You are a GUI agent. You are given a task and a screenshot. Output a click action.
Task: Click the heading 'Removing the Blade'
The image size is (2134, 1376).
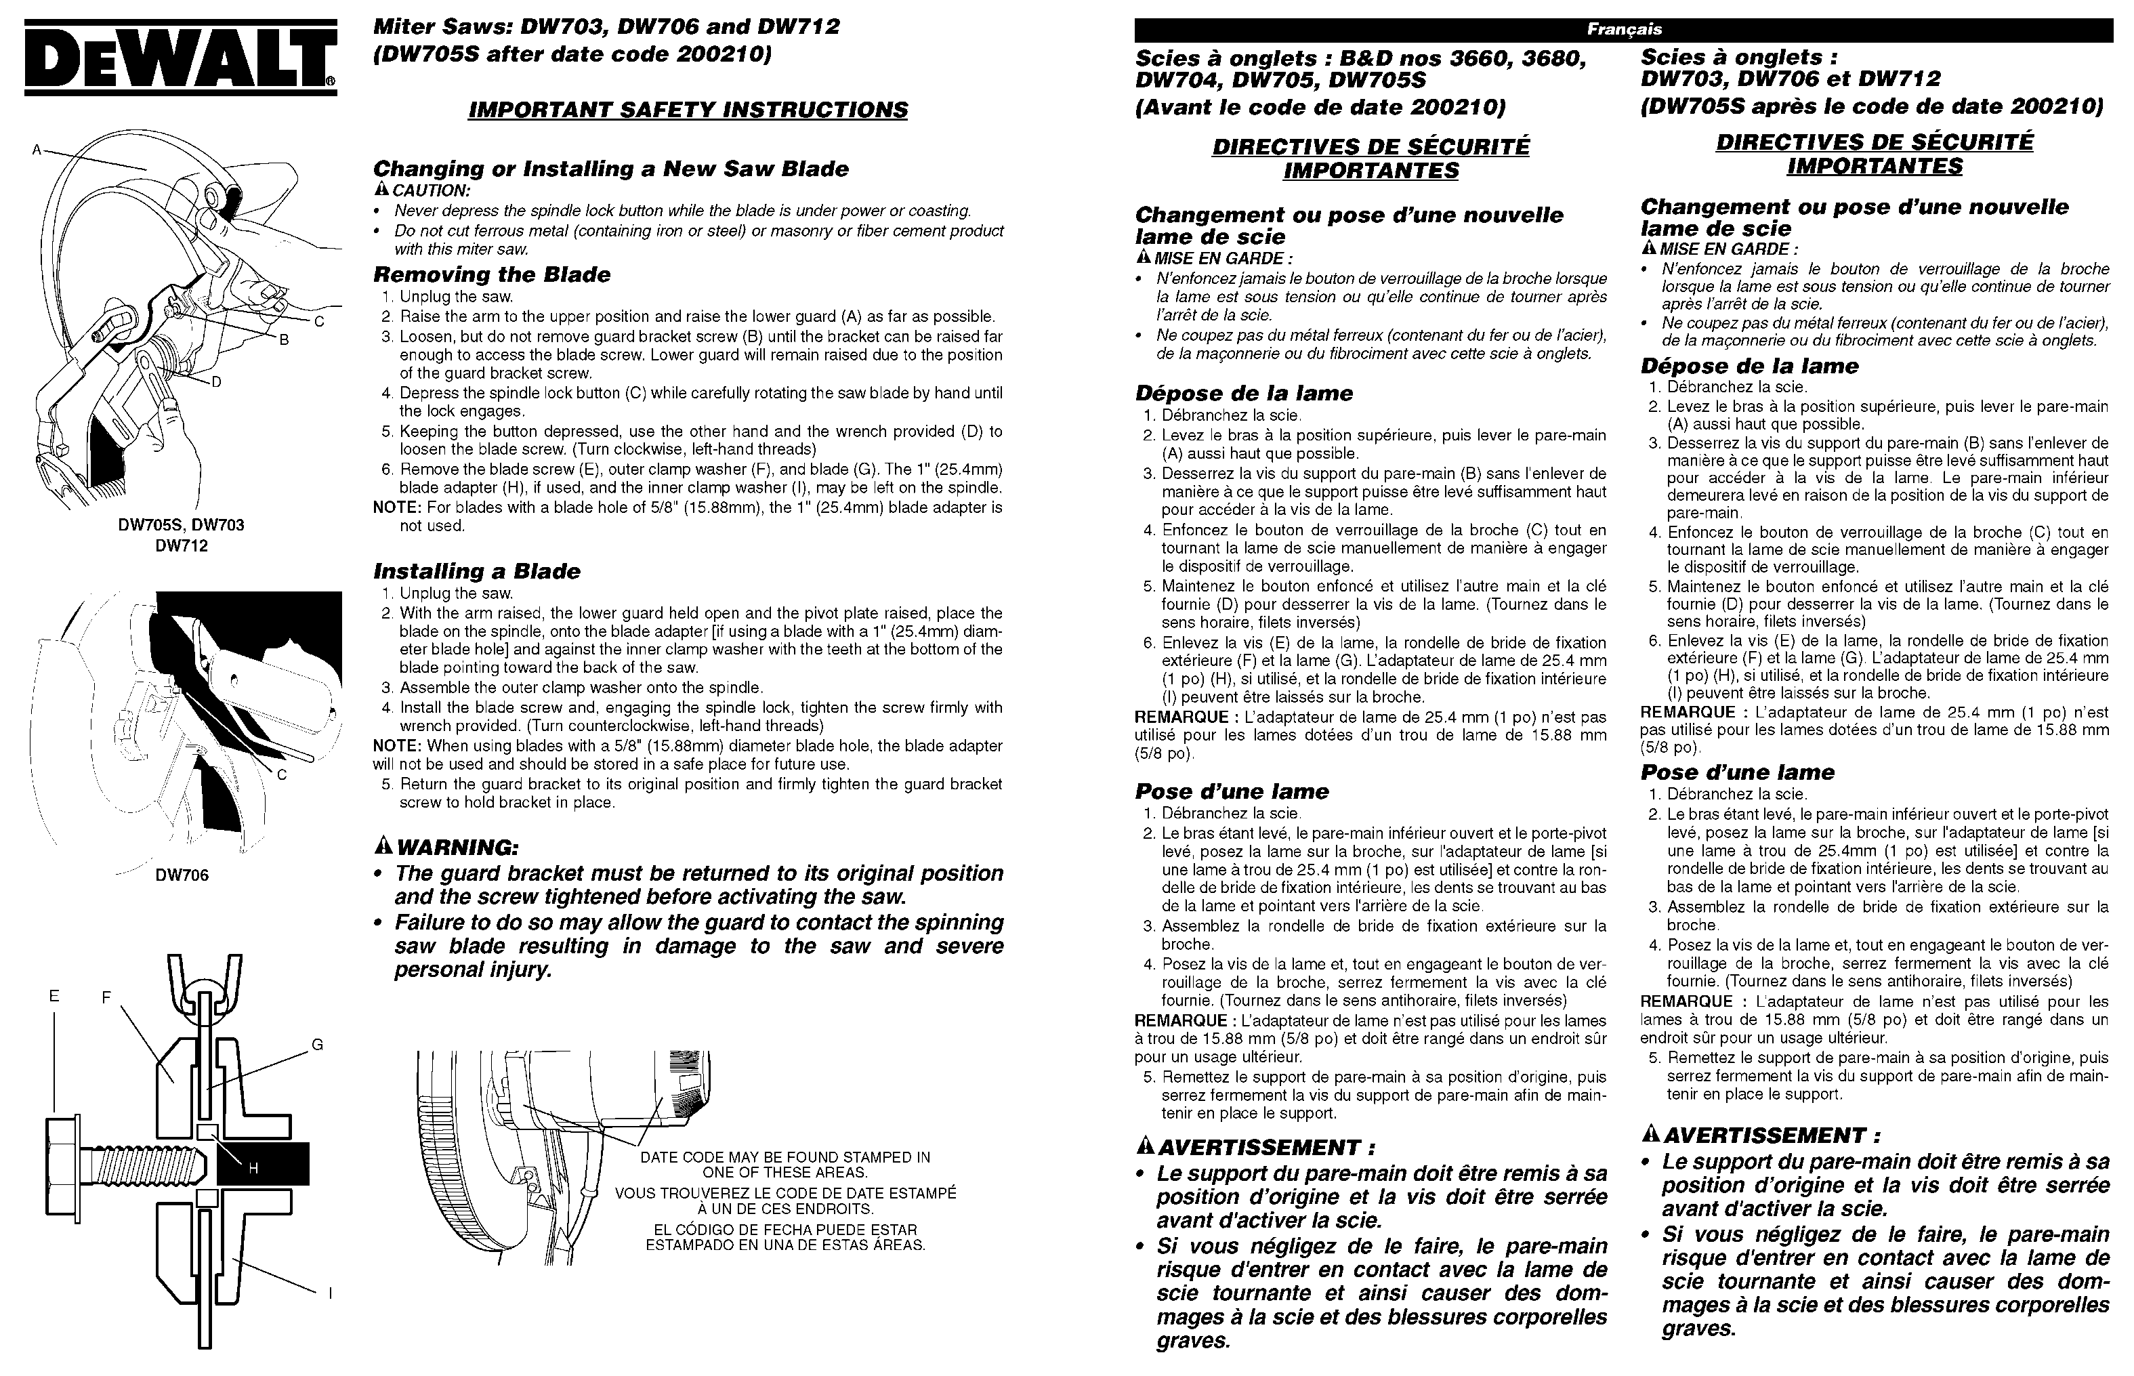pyautogui.click(x=491, y=274)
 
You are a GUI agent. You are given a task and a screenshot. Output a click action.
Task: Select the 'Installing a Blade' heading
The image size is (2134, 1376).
pyautogui.click(x=476, y=571)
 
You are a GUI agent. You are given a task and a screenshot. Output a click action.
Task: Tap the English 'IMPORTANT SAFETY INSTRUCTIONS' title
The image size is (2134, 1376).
pyautogui.click(x=688, y=110)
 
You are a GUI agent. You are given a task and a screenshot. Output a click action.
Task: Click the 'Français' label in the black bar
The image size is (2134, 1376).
pyautogui.click(x=1623, y=30)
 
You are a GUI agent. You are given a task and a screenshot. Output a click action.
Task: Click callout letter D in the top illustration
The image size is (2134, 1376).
pyautogui.click(x=216, y=382)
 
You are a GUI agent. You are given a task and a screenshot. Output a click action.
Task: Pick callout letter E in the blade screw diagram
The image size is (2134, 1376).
pyautogui.click(x=54, y=995)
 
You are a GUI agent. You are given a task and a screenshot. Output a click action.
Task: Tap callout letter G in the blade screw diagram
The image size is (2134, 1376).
pyautogui.click(x=317, y=1045)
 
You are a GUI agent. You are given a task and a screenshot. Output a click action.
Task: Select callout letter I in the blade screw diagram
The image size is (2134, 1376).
pyautogui.click(x=330, y=1292)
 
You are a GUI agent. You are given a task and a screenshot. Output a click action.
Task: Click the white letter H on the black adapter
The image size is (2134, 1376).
pyautogui.click(x=253, y=1168)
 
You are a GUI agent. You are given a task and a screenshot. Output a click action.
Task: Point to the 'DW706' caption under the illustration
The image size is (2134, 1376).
pyautogui.click(x=182, y=875)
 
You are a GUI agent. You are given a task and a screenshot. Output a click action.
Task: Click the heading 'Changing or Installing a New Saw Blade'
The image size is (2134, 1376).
pyautogui.click(x=610, y=169)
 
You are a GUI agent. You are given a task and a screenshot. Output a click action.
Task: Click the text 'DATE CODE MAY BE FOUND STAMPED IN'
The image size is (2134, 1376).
pyautogui.click(x=785, y=1157)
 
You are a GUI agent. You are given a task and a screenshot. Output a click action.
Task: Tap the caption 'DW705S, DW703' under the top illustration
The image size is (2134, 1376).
pyautogui.click(x=182, y=525)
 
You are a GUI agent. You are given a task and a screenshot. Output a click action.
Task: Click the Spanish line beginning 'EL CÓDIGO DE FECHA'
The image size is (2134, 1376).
pyautogui.click(x=785, y=1230)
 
